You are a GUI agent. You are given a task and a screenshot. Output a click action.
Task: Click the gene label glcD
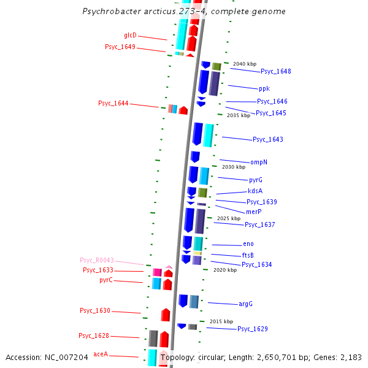click(x=130, y=35)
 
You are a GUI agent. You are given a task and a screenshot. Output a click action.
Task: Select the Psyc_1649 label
click(x=120, y=47)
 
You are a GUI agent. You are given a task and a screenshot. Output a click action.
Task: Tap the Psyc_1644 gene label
click(x=113, y=103)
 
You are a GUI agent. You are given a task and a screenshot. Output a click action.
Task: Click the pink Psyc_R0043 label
click(x=97, y=260)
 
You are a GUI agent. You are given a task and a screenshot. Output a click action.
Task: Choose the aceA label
click(x=101, y=354)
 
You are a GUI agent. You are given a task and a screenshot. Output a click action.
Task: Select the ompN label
click(x=259, y=162)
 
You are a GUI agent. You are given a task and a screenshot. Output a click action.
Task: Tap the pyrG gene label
click(x=255, y=180)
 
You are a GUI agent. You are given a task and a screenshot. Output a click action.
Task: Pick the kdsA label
click(x=255, y=191)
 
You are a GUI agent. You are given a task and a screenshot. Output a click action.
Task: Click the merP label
click(x=254, y=211)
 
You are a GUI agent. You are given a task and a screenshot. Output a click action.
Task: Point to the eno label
click(x=248, y=244)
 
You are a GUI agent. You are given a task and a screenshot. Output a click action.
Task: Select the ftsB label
click(x=248, y=255)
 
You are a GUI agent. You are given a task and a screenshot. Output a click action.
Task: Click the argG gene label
click(x=246, y=304)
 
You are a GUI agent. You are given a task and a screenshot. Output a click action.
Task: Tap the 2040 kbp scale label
click(x=245, y=64)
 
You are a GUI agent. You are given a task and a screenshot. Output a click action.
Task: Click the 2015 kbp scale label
click(x=221, y=321)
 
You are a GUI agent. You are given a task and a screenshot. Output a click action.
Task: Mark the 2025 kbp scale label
click(x=229, y=218)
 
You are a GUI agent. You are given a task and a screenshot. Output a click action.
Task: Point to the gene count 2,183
click(x=351, y=357)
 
